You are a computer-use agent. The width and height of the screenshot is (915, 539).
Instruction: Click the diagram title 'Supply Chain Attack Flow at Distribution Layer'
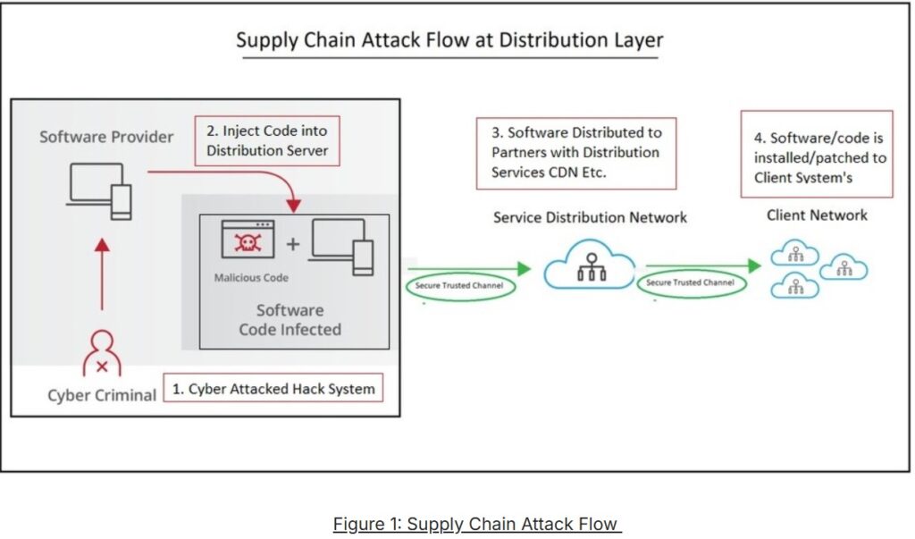(449, 39)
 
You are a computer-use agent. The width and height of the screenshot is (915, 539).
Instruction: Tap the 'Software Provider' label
(106, 137)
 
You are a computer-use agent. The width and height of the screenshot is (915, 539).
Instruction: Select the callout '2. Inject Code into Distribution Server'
(267, 140)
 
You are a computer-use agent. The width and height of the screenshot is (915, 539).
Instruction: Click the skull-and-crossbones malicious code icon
(248, 239)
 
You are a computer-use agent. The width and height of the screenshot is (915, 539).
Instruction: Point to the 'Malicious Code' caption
(251, 277)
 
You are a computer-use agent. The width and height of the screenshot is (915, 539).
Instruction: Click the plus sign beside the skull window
(293, 243)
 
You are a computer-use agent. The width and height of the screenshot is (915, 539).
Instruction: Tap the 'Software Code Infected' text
(290, 319)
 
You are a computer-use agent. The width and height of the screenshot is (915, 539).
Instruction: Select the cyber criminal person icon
(102, 353)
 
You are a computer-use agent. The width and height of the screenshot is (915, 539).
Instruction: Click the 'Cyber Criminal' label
(102, 395)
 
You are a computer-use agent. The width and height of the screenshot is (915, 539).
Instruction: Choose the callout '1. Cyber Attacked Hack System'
(273, 388)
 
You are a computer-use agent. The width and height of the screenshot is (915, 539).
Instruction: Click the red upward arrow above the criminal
(102, 274)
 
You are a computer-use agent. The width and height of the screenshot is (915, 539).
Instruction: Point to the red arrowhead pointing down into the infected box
(293, 205)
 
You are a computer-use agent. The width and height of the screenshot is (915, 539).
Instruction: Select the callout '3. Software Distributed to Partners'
(576, 153)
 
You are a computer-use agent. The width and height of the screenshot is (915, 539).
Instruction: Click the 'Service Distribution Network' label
(590, 217)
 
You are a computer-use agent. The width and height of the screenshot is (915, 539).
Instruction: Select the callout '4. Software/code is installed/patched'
(817, 154)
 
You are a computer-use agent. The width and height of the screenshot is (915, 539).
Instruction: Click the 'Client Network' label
(817, 215)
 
